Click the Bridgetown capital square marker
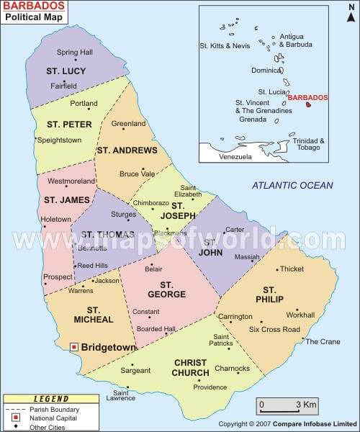73,347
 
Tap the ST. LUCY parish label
66,71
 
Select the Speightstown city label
59,140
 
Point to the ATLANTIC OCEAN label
292,186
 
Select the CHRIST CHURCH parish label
190,367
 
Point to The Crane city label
323,341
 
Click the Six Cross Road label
274,329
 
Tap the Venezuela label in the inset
235,156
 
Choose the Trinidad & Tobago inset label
309,144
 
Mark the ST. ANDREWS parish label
126,150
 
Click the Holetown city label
56,219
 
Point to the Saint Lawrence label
120,395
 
